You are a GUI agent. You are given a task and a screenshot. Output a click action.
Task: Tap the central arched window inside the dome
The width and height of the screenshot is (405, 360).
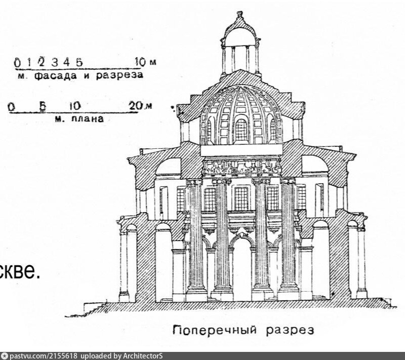(241, 130)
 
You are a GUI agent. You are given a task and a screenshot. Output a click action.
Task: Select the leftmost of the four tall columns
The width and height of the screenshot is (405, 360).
(195, 238)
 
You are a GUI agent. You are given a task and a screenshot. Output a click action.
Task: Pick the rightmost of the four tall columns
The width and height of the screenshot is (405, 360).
(289, 238)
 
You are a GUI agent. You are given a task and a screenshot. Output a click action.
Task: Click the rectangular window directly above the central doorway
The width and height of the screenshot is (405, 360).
(241, 198)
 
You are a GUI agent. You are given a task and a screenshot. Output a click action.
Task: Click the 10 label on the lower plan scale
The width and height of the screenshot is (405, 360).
(74, 107)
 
